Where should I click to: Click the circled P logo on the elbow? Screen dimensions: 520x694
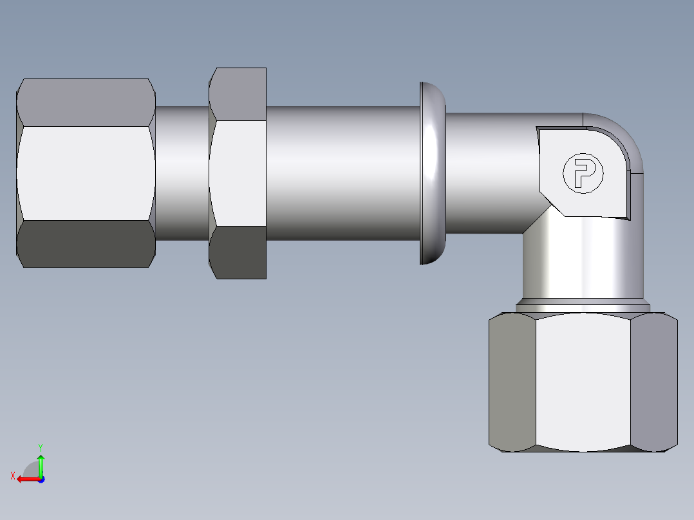tap(583, 172)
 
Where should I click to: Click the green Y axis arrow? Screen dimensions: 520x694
tap(41, 462)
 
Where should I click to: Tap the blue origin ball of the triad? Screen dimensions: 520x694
tap(41, 479)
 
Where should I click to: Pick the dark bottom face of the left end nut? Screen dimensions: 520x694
tap(85, 244)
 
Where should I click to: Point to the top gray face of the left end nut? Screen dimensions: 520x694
tap(85, 102)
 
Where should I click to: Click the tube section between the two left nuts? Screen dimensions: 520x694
tap(182, 172)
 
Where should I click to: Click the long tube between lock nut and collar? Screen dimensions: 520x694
tap(341, 172)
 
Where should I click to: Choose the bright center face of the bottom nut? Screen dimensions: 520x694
tap(583, 382)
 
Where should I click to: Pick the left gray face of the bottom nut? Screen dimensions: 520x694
tap(512, 382)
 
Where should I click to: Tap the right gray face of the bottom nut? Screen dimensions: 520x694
tap(653, 382)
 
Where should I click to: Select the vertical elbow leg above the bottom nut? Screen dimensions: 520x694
tap(583, 264)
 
